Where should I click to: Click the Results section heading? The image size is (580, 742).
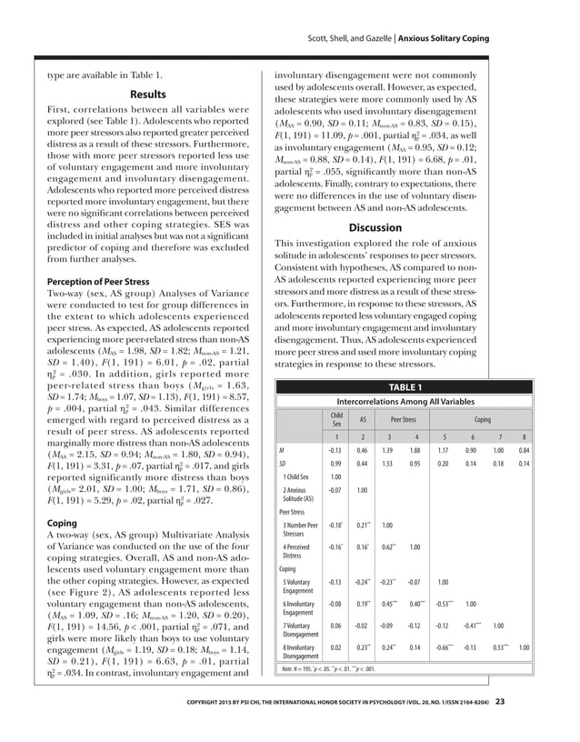pos(147,94)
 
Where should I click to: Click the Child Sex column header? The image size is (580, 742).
pos(336,419)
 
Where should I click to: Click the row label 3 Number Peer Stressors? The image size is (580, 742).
pos(300,530)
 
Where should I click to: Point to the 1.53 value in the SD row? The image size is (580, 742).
pos(388,464)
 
